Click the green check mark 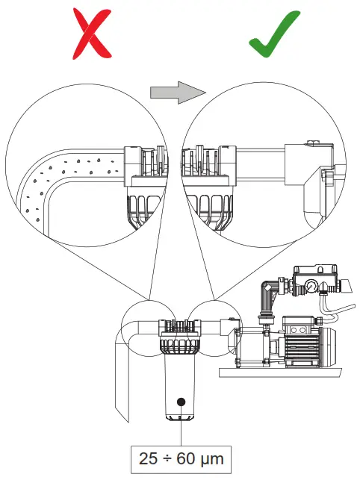click(x=278, y=33)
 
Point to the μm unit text click(x=213, y=456)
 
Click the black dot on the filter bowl click(x=180, y=402)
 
